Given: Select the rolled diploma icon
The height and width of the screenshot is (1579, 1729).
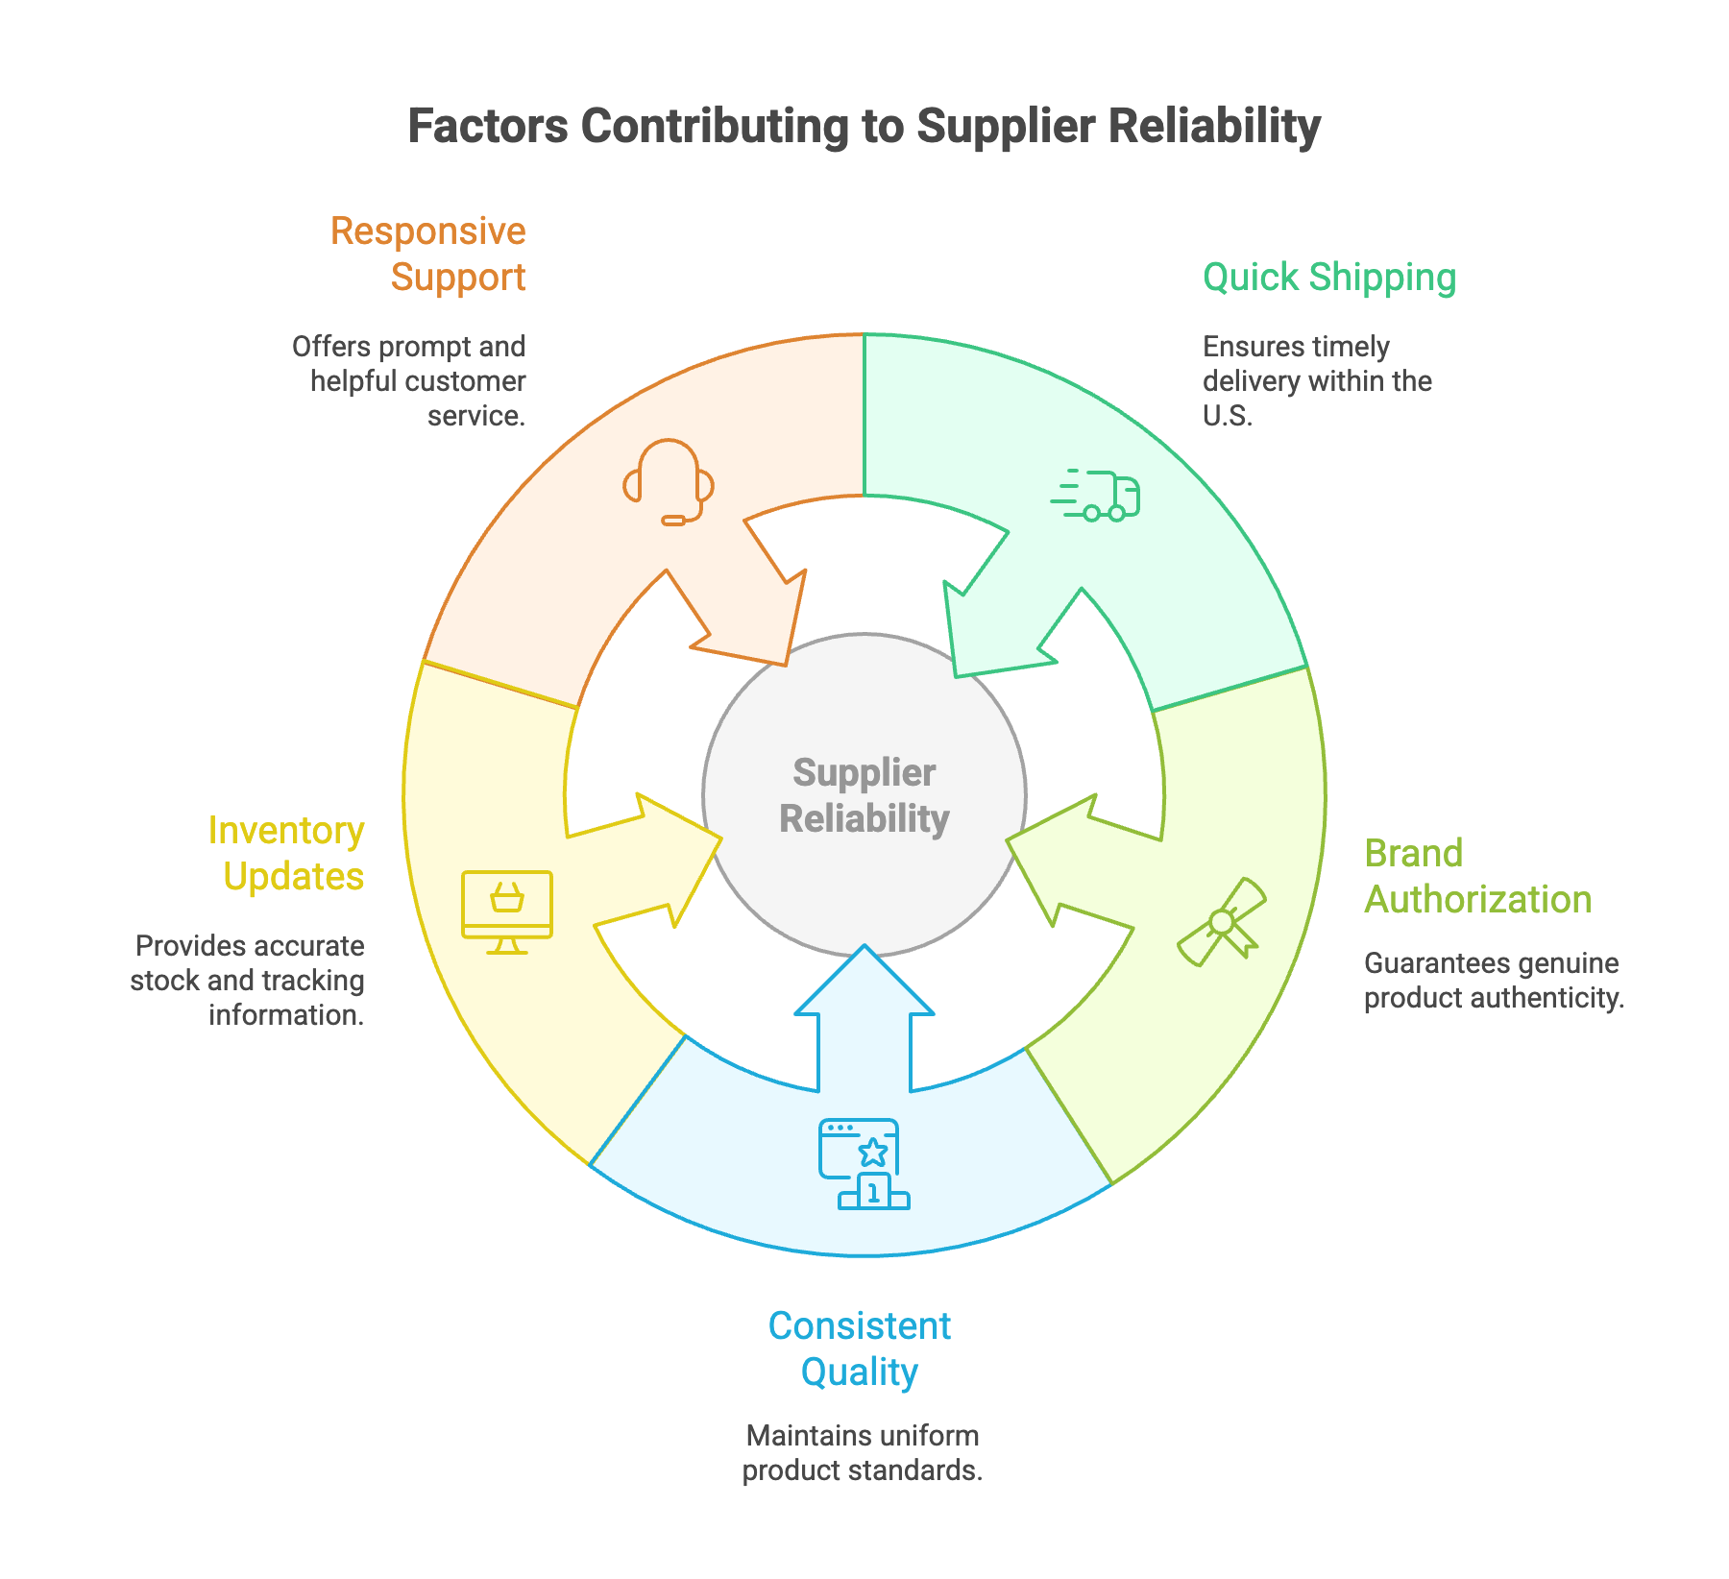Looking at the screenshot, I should [x=1222, y=921].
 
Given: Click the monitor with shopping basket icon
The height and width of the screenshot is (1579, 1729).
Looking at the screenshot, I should [x=507, y=911].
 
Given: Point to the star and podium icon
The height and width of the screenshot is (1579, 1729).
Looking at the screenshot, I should [x=864, y=1163].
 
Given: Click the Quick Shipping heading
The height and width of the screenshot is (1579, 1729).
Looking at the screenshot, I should [x=1328, y=278].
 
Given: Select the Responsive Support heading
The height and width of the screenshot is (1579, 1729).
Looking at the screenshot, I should [x=429, y=255].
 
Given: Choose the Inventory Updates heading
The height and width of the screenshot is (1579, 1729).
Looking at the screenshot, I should [x=287, y=853].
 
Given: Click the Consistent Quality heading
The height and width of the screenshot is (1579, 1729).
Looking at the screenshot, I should [x=860, y=1348].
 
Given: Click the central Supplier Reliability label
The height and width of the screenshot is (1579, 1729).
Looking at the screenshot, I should [x=864, y=795].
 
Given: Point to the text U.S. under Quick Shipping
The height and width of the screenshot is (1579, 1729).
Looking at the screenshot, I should [x=1227, y=416].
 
